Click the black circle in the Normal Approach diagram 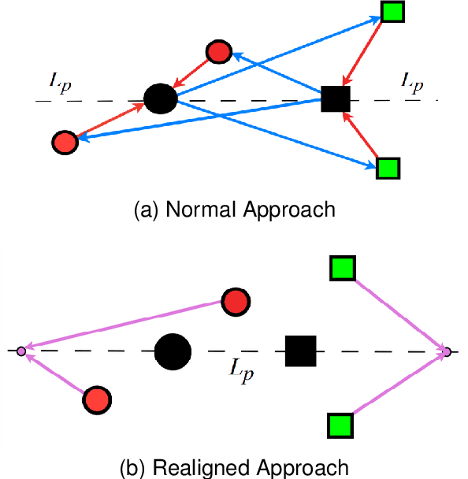160,98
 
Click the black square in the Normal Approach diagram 335,99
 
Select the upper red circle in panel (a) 218,52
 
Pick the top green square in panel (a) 392,11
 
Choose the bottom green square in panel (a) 387,168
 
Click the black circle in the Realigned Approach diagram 172,351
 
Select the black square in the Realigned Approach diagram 300,351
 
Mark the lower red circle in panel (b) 95,399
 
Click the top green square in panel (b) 343,269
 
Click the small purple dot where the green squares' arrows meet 447,351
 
